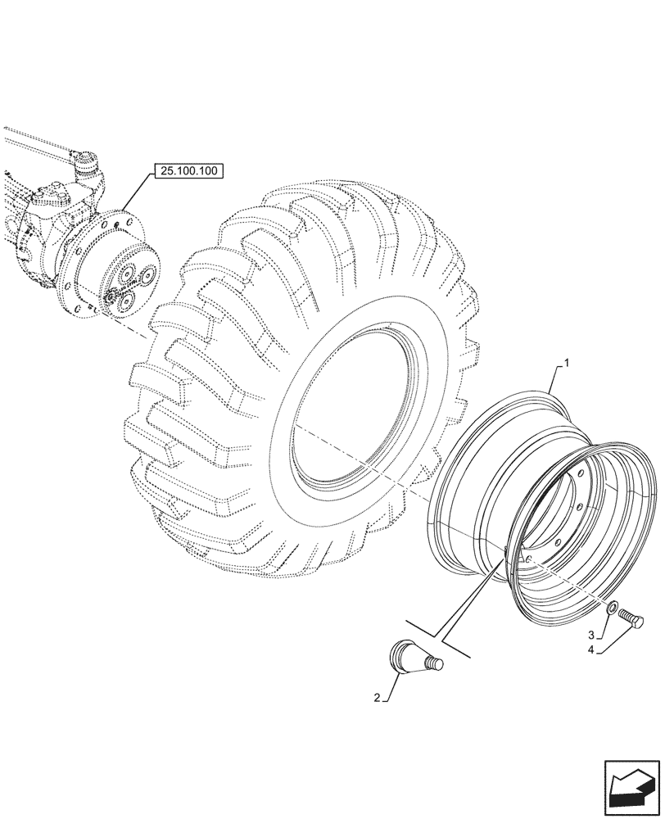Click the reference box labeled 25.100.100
click(x=188, y=172)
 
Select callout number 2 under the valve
click(x=377, y=698)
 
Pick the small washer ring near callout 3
click(x=613, y=609)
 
